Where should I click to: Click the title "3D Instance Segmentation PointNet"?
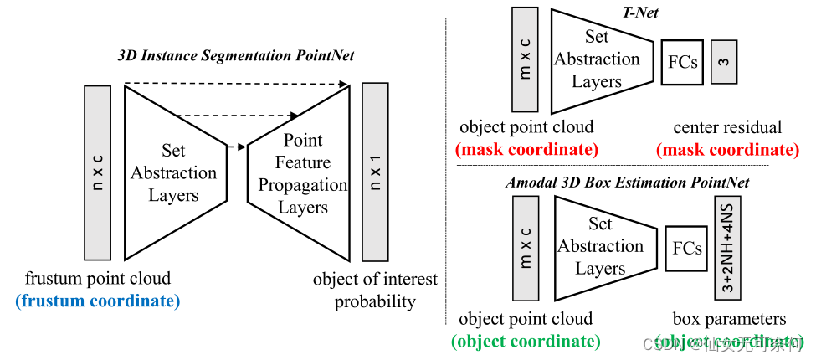tap(236, 56)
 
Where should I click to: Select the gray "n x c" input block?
tap(97, 172)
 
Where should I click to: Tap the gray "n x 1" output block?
tap(375, 172)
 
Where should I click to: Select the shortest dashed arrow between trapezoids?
tap(237, 147)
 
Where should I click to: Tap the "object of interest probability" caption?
tap(375, 290)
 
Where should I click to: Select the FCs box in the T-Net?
tap(682, 62)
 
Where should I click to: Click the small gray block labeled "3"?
tap(723, 62)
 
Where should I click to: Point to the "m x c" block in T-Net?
tap(526, 59)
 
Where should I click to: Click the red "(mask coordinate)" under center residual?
tap(727, 150)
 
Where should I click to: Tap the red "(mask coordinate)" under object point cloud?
tap(526, 150)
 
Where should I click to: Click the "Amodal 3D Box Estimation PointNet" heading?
tap(627, 182)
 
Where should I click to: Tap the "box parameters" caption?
tap(729, 319)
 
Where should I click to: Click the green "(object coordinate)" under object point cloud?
tap(526, 341)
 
